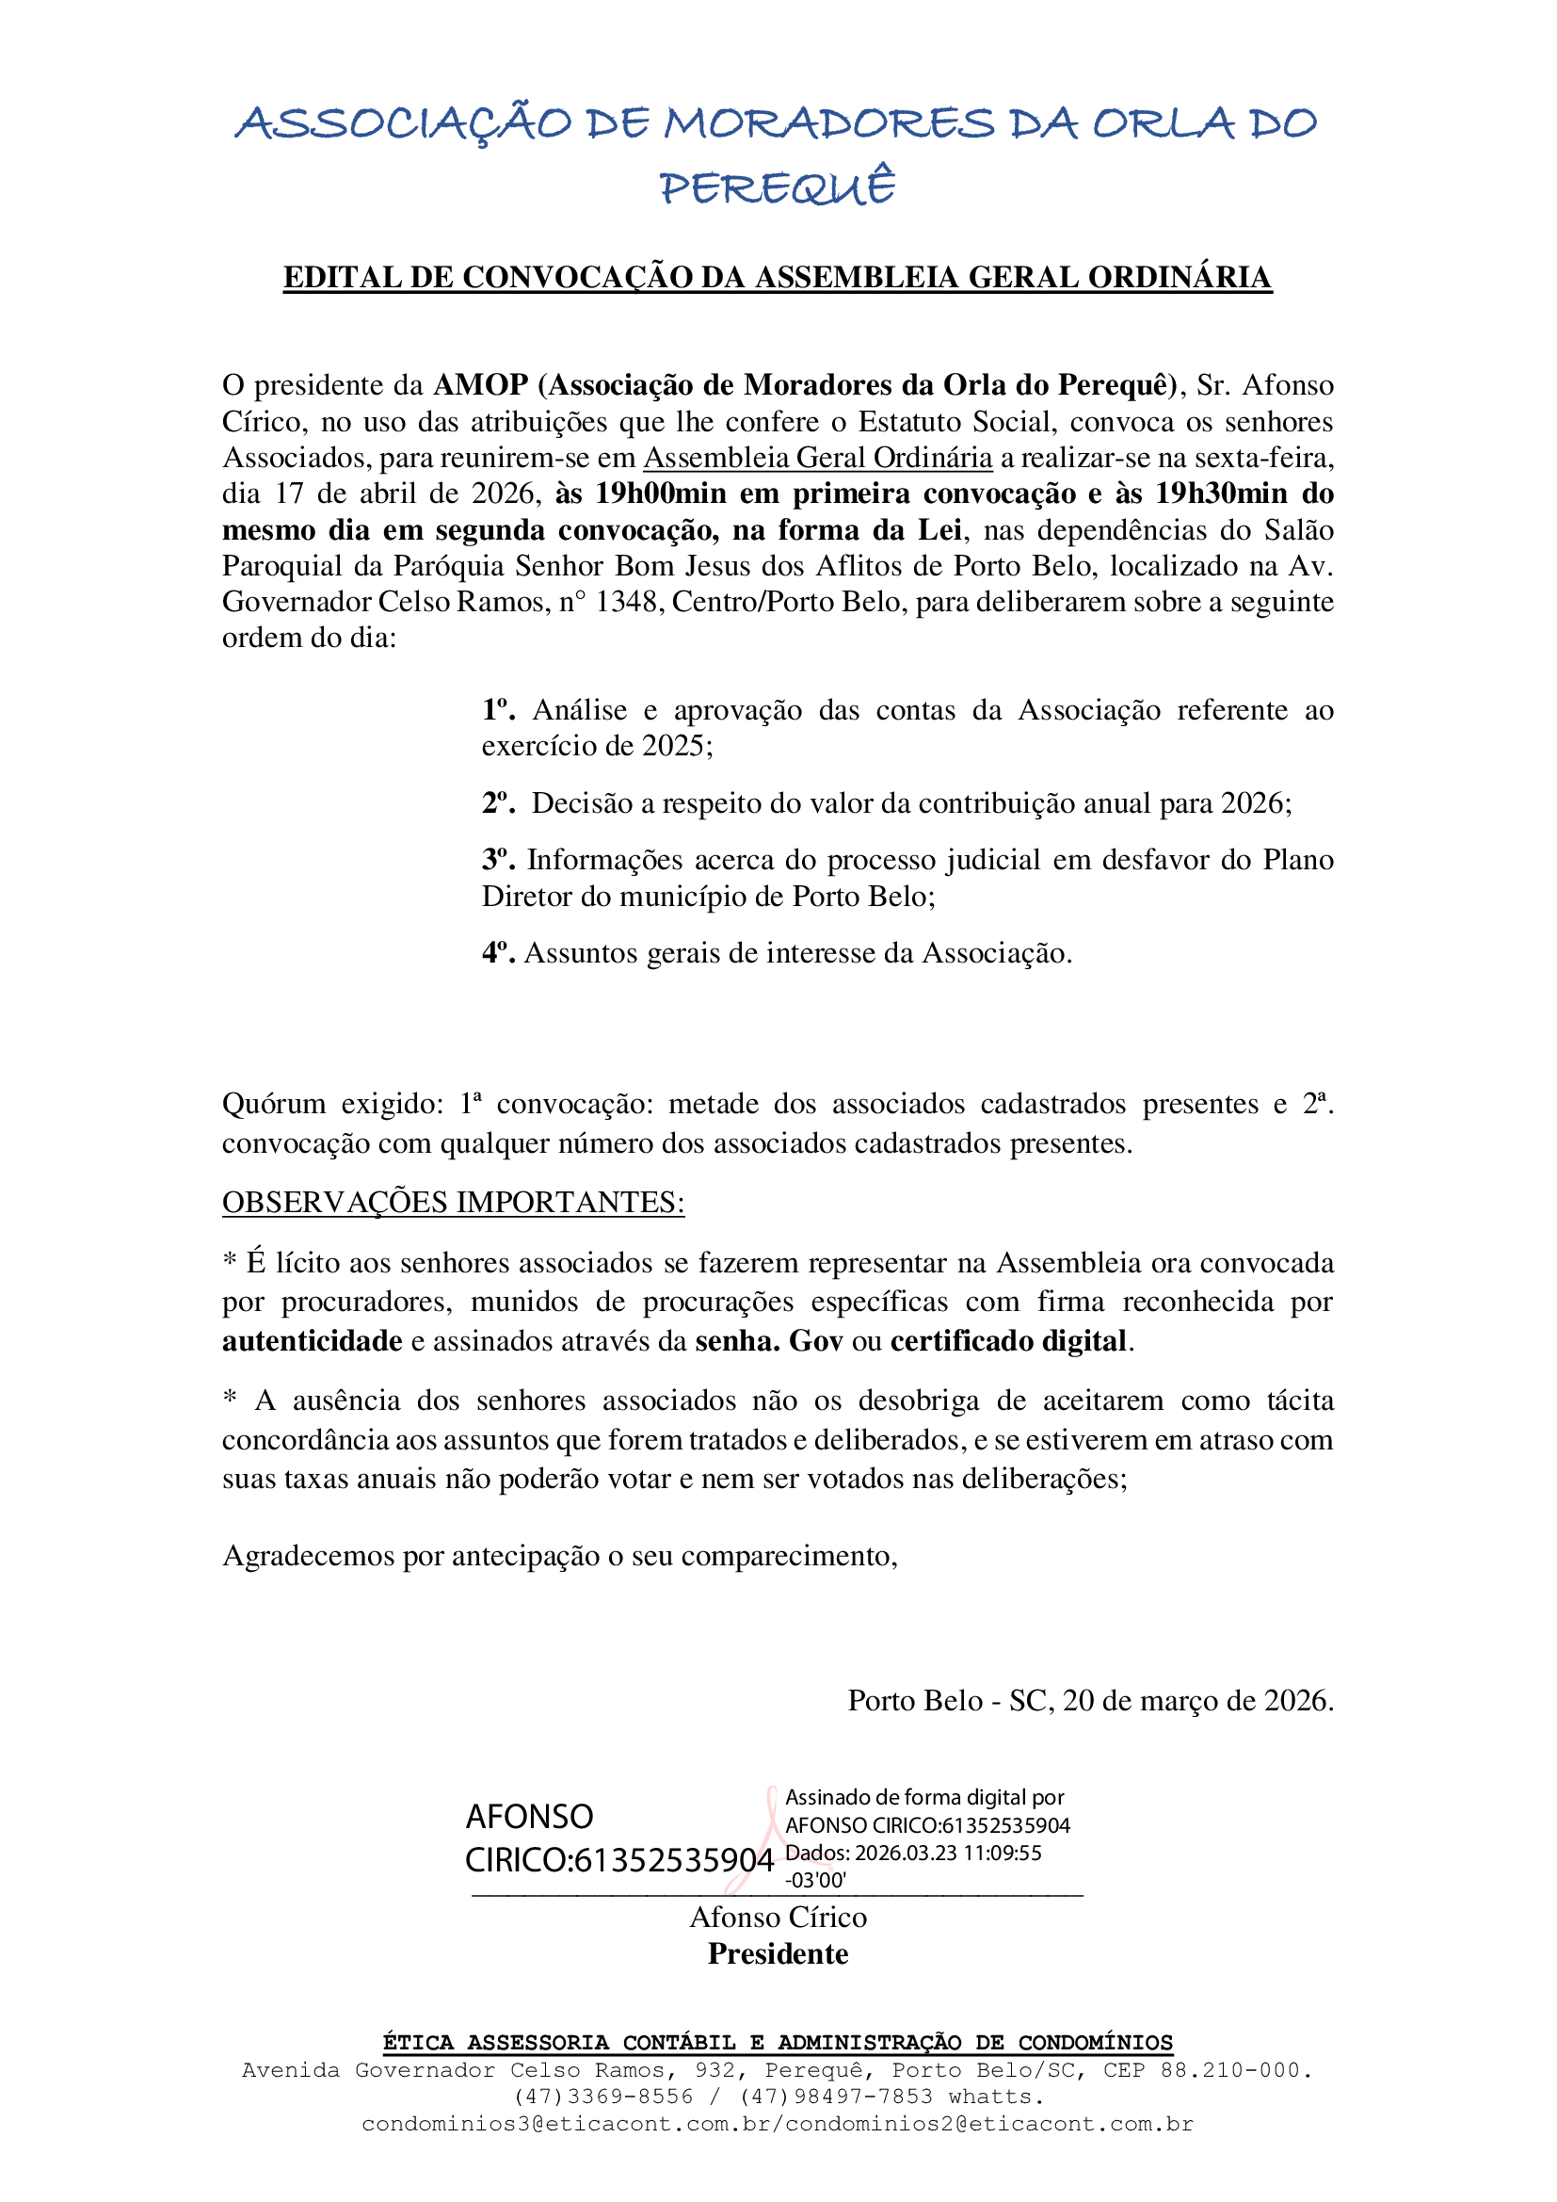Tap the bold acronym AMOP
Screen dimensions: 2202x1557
480,384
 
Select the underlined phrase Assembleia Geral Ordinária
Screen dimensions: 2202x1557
818,458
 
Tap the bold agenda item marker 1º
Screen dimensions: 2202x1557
499,710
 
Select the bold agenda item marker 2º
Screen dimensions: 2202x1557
499,803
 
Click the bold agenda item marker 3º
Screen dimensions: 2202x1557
499,859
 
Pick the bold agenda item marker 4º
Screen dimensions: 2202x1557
499,953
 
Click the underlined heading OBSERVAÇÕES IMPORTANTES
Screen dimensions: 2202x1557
453,1203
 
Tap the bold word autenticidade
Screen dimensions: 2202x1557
313,1341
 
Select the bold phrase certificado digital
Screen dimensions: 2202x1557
1007,1341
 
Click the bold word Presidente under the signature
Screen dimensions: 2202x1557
778,1954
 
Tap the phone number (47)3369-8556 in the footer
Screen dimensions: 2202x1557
603,2097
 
